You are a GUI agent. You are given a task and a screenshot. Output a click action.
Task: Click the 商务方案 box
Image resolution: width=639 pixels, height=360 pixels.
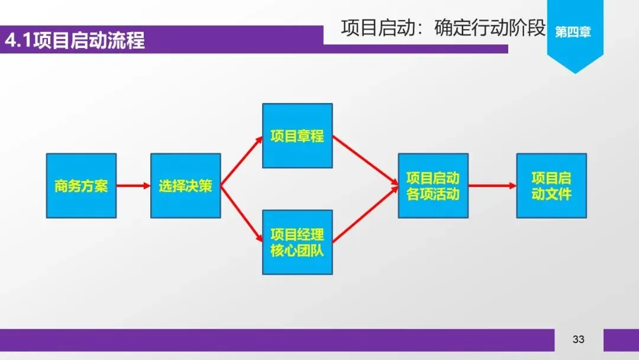tap(81, 186)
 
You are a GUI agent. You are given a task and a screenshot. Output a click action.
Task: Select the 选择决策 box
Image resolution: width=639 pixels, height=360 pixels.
tap(185, 186)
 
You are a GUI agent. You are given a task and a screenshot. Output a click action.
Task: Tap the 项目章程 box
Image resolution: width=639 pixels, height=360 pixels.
tap(297, 136)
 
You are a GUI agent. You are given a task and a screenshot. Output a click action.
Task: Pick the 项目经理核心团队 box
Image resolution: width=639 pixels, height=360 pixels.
tap(297, 242)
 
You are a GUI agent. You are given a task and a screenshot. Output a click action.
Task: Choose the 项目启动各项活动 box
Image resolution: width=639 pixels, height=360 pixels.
tap(433, 186)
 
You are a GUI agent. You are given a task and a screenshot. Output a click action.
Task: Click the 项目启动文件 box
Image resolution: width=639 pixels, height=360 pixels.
tap(551, 186)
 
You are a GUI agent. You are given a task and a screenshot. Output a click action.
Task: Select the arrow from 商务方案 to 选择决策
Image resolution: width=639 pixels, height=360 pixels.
tap(134, 186)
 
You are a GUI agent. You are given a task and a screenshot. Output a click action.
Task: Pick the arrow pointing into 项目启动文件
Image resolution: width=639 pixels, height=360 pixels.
tap(492, 186)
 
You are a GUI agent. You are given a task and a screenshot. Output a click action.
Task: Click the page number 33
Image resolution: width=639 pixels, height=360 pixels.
tap(579, 339)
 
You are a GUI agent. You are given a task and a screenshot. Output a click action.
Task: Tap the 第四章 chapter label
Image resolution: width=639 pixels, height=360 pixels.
tap(573, 32)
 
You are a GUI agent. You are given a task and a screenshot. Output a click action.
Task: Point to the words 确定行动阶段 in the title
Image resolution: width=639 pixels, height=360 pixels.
tap(489, 28)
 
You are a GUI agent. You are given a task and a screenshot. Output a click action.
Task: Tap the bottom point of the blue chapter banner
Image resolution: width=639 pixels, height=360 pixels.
tap(575, 72)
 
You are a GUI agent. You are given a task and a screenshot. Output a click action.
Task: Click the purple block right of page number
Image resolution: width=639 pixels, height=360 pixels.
tap(621, 340)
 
